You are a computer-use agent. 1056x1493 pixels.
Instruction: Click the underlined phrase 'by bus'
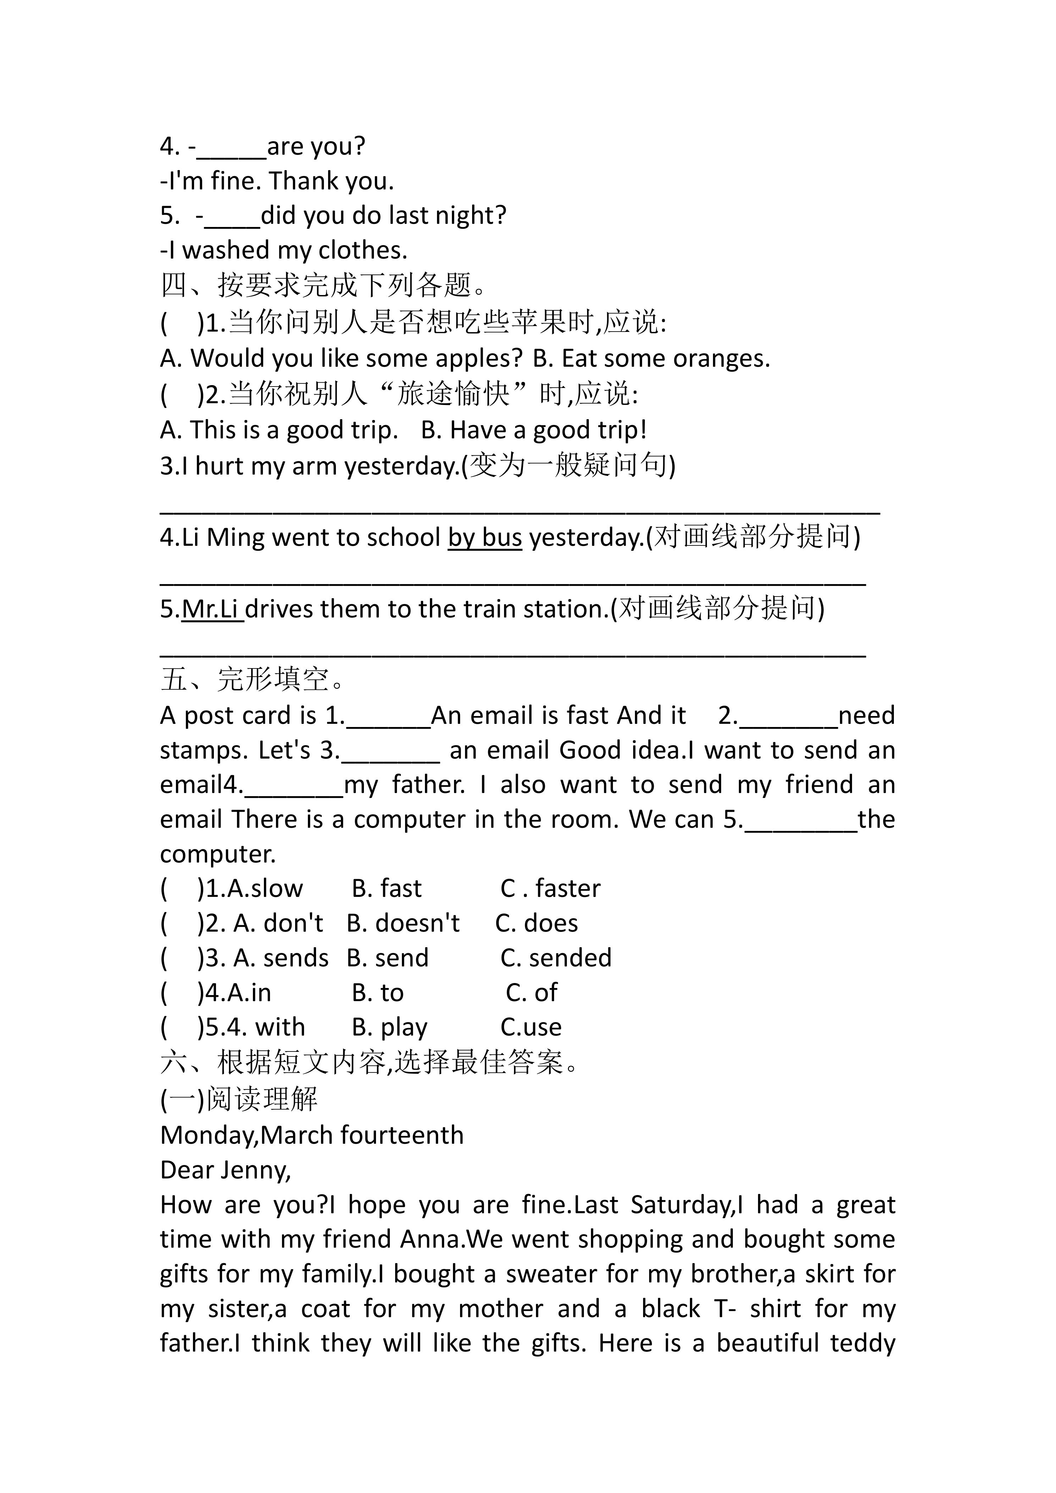point(485,538)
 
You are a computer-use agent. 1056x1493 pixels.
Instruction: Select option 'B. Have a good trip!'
point(533,430)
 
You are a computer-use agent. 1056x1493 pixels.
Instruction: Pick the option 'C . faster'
point(550,888)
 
